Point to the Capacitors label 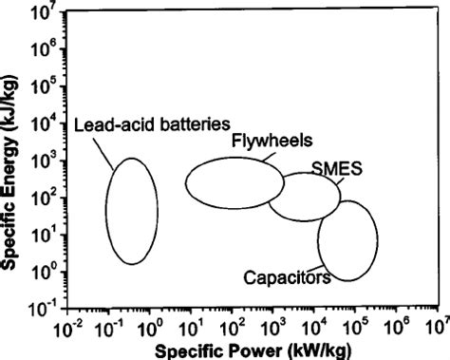click(287, 278)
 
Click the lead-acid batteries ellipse click(131, 211)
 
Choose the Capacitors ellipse click(347, 239)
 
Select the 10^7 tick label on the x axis click(439, 330)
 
